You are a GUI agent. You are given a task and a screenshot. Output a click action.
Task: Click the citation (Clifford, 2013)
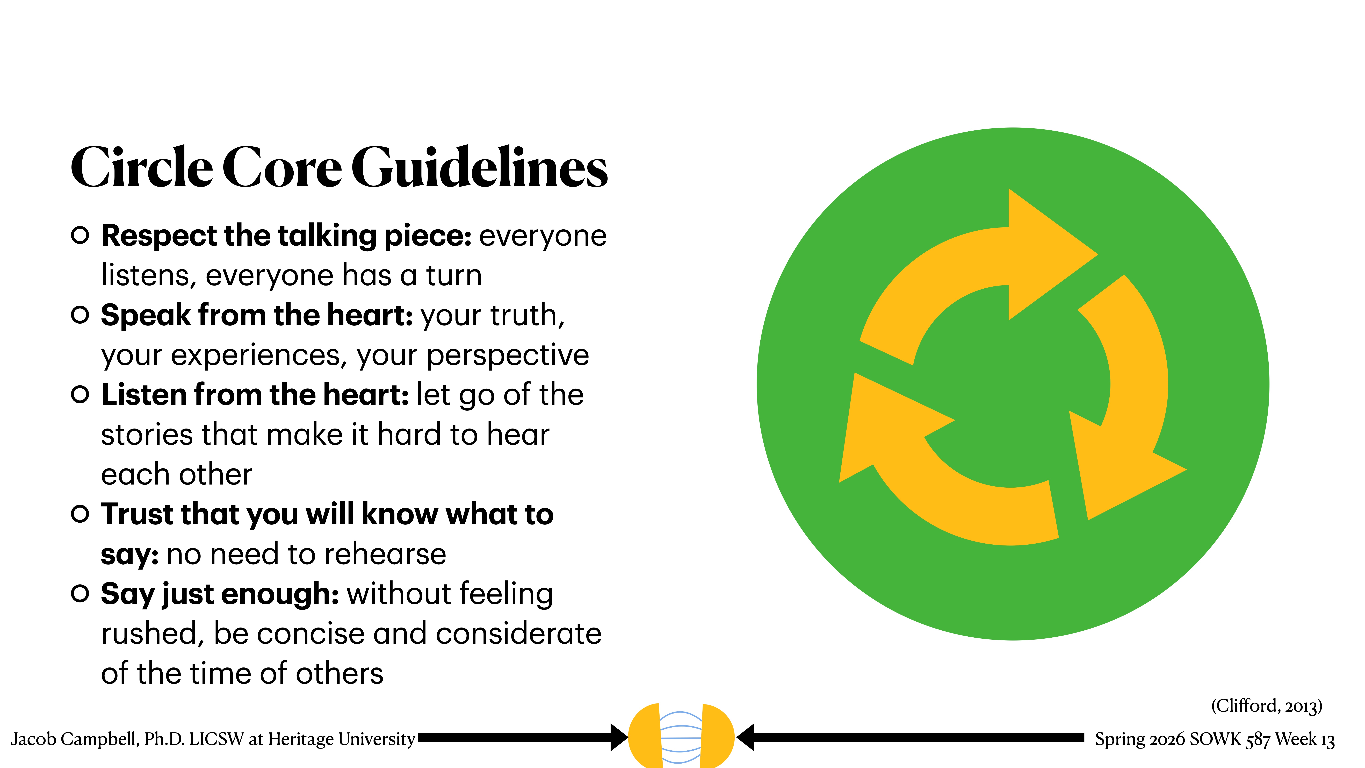click(x=1266, y=706)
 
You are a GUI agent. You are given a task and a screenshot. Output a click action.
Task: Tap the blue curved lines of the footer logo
click(x=681, y=737)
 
